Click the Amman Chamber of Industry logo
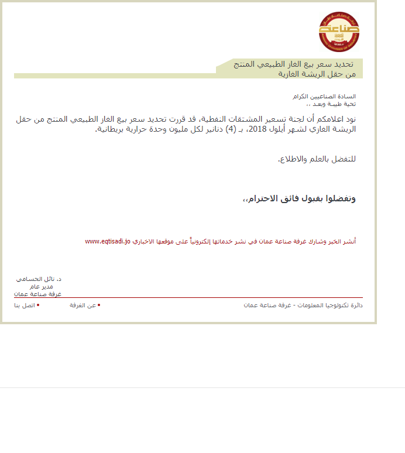coord(339,31)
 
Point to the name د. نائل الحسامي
coord(39,280)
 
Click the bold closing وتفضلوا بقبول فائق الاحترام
coord(300,199)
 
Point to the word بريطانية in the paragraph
coord(112,129)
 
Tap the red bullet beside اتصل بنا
coord(38,305)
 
